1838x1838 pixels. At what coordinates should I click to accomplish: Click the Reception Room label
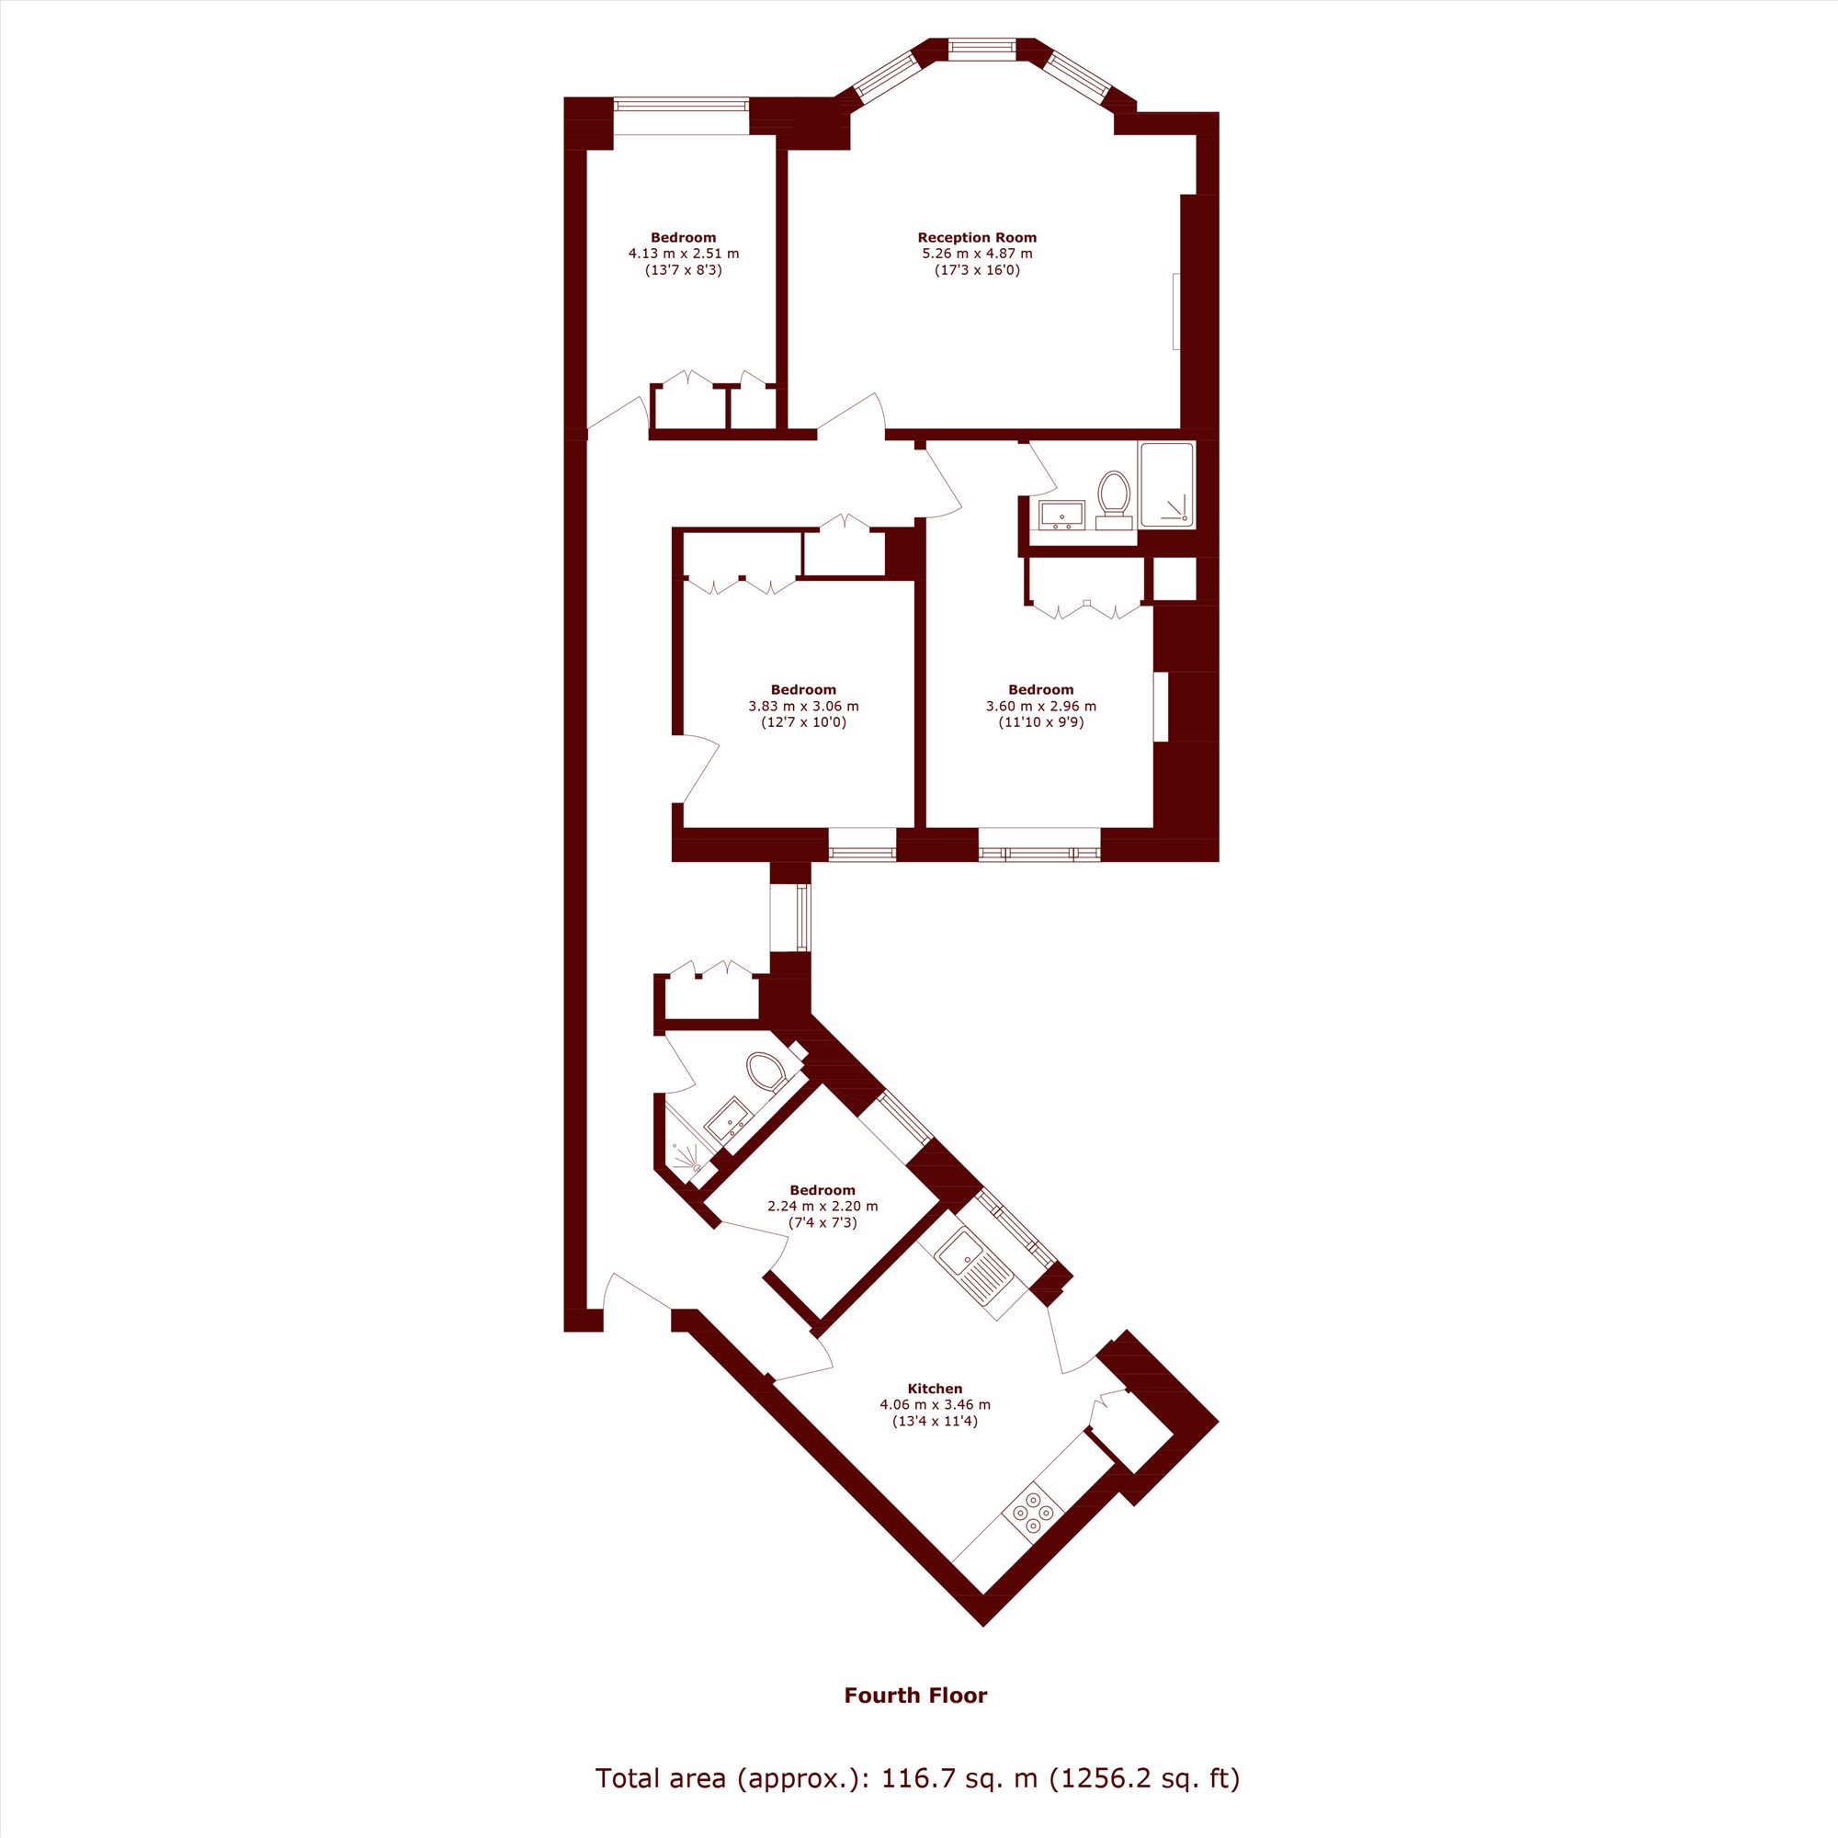coord(977,238)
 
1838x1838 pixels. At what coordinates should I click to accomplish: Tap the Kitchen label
coord(935,1389)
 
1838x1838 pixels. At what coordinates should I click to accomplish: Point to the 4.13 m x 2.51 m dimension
coord(683,254)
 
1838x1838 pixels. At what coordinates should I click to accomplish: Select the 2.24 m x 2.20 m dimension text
coord(823,1207)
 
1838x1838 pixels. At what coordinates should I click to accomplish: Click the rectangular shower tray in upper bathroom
coord(1166,485)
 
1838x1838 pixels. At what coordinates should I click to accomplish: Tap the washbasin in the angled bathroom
coord(729,1119)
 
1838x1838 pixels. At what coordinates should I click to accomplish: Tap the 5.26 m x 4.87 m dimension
coord(977,254)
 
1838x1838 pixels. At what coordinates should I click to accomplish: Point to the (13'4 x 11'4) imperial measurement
coord(935,1422)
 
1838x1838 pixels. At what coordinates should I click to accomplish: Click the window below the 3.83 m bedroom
coord(862,845)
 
